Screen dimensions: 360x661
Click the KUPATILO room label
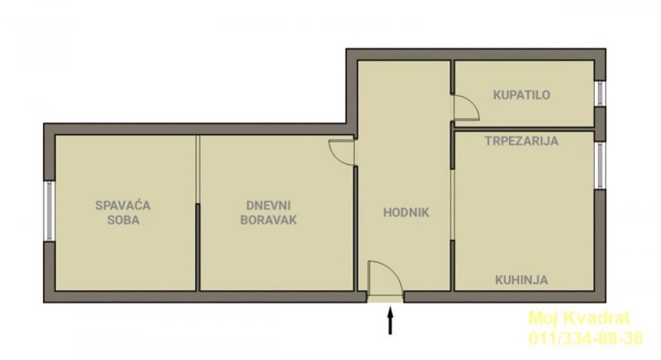click(522, 95)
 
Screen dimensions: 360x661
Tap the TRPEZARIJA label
click(522, 141)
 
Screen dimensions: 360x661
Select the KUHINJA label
click(522, 280)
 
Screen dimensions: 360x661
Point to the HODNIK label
click(407, 212)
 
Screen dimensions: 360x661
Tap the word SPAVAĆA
click(123, 205)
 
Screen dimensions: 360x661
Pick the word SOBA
click(123, 220)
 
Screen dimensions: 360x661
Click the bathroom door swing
click(464, 108)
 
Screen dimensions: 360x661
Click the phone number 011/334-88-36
click(585, 340)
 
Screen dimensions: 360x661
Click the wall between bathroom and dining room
click(522, 127)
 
